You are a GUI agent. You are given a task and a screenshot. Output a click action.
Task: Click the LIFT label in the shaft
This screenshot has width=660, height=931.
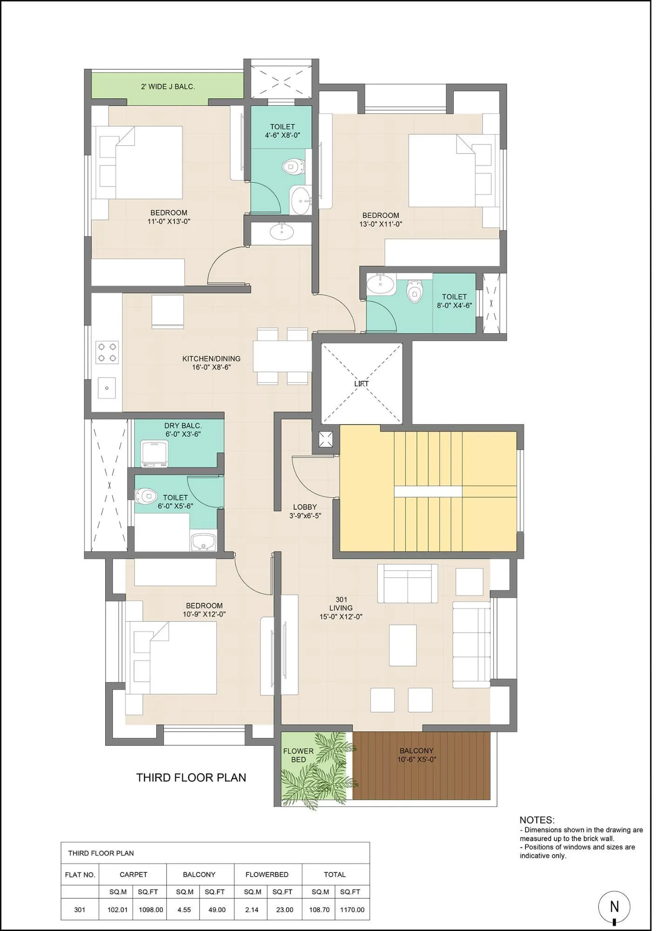pyautogui.click(x=361, y=384)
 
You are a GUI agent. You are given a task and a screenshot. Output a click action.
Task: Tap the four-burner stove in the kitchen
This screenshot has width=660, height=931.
pyautogui.click(x=107, y=352)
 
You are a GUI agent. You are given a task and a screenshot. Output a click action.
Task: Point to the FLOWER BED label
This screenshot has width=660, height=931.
pyautogui.click(x=298, y=755)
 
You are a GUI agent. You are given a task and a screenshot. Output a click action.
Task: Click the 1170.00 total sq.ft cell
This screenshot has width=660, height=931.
pyautogui.click(x=352, y=910)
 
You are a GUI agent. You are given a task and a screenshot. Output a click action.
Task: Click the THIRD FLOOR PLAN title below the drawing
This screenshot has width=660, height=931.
pyautogui.click(x=191, y=777)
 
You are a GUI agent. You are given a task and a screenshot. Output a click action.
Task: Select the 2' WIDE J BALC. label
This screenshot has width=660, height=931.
pyautogui.click(x=168, y=87)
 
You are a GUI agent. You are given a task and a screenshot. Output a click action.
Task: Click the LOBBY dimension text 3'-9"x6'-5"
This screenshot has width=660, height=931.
pyautogui.click(x=305, y=515)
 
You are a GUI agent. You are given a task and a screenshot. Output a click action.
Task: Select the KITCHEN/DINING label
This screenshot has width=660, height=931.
pyautogui.click(x=211, y=358)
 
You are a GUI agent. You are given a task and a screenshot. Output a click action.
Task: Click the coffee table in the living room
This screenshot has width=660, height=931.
pyautogui.click(x=403, y=645)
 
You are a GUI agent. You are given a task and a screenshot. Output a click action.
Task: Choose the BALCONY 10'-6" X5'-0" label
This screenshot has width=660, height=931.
pyautogui.click(x=417, y=755)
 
